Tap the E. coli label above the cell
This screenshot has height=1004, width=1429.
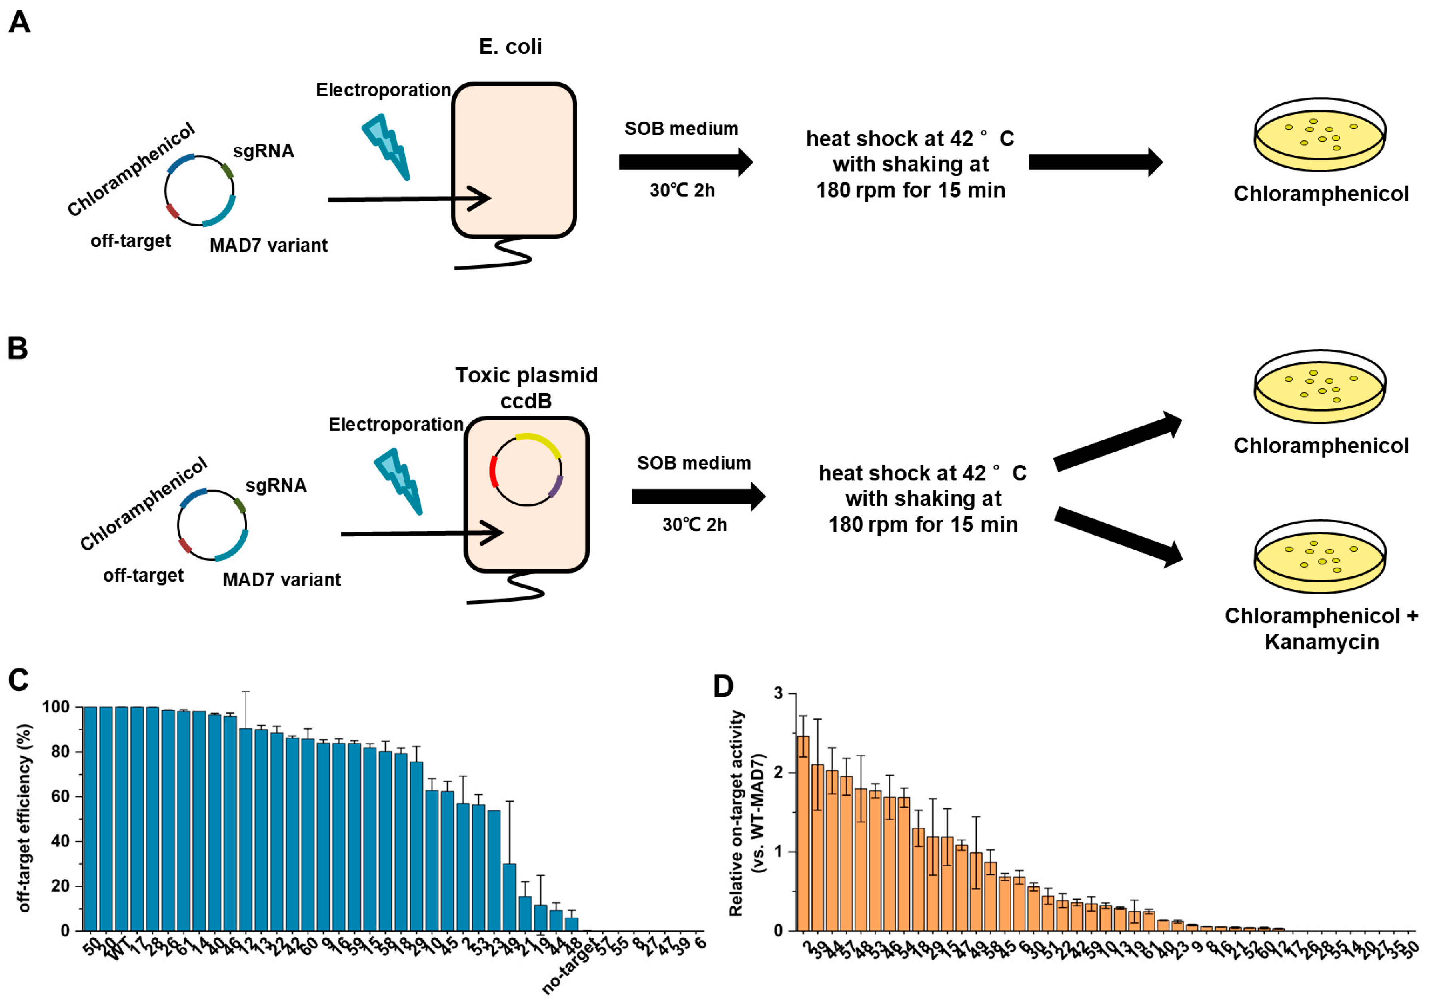510,47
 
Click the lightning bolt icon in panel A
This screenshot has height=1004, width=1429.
386,146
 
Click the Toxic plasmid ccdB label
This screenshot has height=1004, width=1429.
527,387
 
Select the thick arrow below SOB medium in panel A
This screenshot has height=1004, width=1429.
685,162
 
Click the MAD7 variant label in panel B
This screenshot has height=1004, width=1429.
281,580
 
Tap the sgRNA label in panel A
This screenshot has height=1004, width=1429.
263,151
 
